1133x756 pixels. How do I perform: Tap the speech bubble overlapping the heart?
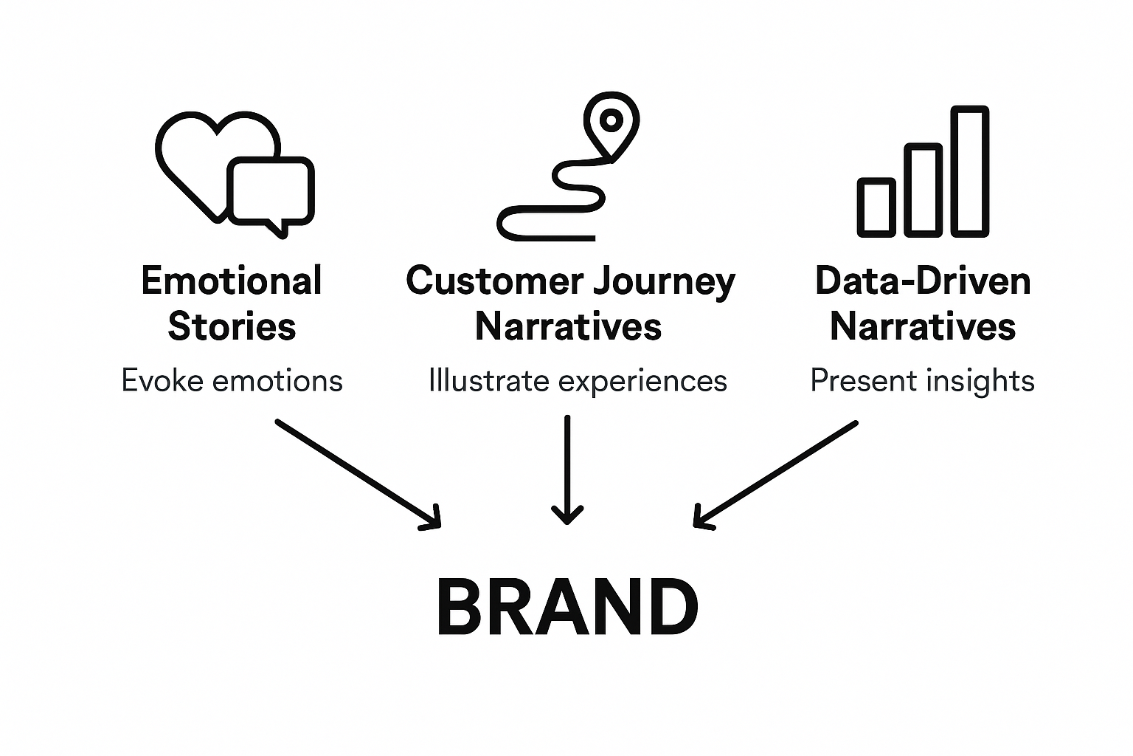271,192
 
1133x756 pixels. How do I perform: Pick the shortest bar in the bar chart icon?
876,207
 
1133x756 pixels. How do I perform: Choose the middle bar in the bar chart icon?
923,190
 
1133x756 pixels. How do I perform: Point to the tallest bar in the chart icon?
969,171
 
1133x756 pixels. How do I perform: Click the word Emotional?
232,281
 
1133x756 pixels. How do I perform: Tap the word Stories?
232,326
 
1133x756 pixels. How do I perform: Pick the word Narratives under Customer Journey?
568,326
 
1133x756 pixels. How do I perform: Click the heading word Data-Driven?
923,281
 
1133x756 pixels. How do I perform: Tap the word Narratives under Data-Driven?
923,326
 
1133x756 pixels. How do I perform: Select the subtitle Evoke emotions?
232,381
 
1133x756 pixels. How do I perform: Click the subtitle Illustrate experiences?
578,382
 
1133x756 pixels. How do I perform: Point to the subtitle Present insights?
922,381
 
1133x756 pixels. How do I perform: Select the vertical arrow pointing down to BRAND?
567,469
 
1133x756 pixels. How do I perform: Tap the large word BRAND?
567,607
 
